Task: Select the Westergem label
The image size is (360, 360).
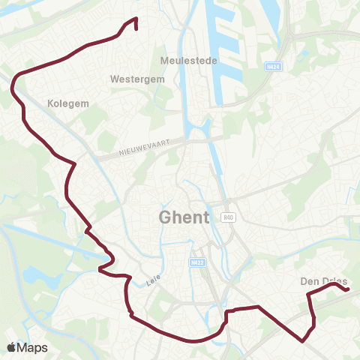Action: (x=132, y=78)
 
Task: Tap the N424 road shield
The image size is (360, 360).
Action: (x=274, y=67)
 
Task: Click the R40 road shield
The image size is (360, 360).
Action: (x=229, y=217)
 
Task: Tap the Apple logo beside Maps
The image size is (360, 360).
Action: (x=12, y=347)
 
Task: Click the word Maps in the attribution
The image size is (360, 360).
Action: (x=33, y=347)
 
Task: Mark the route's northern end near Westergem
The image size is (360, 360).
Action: (x=136, y=28)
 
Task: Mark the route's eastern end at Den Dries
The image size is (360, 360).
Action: (x=348, y=289)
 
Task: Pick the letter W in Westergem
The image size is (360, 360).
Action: (x=114, y=78)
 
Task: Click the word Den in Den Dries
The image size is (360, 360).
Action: (x=310, y=282)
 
